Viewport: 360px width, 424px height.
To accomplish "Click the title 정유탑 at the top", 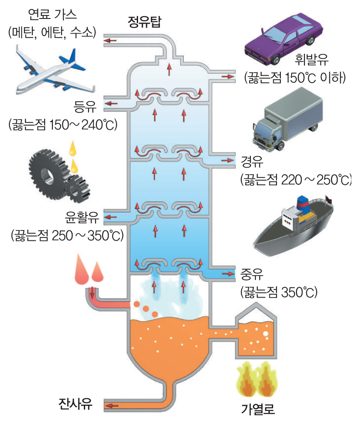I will [x=144, y=22].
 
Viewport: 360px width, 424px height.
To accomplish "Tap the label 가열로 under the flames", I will [x=258, y=406].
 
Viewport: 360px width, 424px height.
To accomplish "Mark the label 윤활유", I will [x=82, y=218].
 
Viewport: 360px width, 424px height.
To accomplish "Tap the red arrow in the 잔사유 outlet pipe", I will [x=113, y=405].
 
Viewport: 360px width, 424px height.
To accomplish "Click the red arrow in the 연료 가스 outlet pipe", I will [x=111, y=41].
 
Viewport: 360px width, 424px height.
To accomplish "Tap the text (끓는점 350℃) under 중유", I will [x=279, y=292].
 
